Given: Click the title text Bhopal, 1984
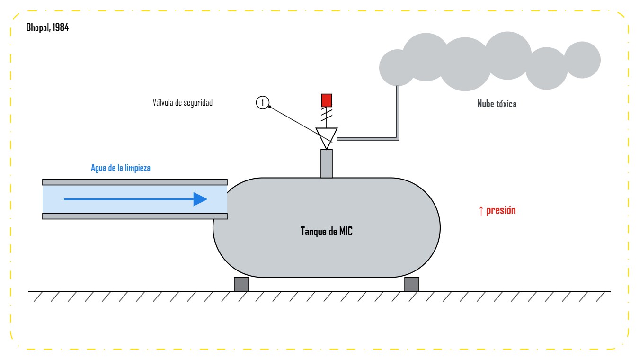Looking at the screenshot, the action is point(47,27).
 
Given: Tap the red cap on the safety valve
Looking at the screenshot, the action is point(326,100).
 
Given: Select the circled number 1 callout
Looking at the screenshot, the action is point(262,102).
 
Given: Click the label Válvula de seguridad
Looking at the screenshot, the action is point(182,102).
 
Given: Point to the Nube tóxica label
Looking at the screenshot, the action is point(497,104).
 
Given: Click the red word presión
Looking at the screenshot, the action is point(501,210).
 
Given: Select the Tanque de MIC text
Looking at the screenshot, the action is point(326,231).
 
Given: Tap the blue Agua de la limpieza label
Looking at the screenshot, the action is point(120,168).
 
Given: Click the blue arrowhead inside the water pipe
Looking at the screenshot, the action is point(200,199).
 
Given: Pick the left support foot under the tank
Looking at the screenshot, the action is point(241,284).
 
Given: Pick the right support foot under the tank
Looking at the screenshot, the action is point(412,284).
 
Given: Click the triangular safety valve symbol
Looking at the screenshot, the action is point(326,136).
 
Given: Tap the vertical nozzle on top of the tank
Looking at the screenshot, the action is point(326,163).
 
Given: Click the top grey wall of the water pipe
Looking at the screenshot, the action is point(134,182).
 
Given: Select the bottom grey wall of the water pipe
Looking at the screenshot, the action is point(134,216).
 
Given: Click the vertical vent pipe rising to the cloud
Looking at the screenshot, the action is point(398,112).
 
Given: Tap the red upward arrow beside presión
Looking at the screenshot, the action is point(481,211).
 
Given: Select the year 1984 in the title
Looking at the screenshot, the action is point(61,27).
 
